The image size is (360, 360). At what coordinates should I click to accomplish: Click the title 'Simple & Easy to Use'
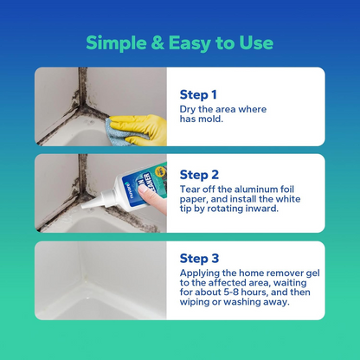(x=179, y=43)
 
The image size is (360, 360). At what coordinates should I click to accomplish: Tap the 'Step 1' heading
(x=200, y=94)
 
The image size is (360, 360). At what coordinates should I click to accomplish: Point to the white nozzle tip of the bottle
(x=91, y=204)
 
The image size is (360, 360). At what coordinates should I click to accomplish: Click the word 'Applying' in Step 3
(x=202, y=273)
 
